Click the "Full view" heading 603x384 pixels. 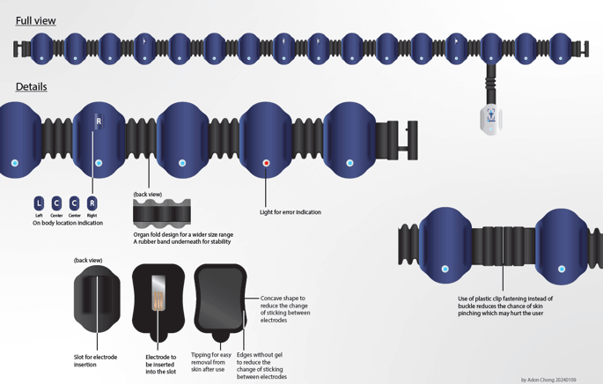(35, 20)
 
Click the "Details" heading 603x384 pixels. (31, 86)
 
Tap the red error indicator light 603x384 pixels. (267, 163)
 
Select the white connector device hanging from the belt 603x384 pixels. (490, 118)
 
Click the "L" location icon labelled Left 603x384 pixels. (39, 203)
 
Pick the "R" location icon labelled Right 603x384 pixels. (92, 203)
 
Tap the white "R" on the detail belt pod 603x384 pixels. (99, 122)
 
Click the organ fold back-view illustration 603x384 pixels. (161, 212)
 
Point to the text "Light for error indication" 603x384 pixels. (290, 212)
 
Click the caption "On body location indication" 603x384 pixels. (68, 223)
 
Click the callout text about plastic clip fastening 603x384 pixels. (504, 306)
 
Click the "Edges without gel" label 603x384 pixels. (262, 366)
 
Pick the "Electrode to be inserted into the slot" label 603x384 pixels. (161, 364)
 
